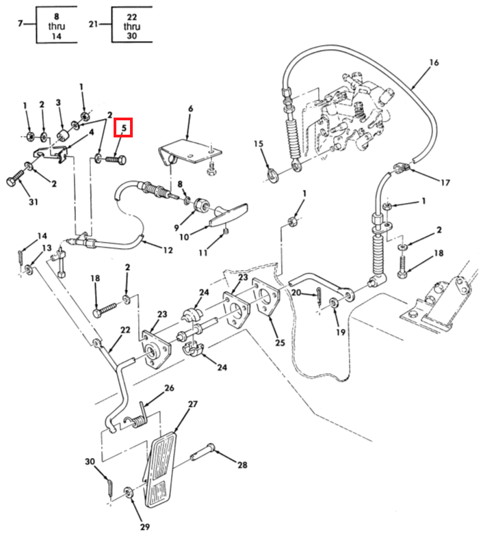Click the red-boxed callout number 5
125,128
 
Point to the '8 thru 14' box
56,25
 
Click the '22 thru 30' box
132,25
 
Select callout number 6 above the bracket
190,109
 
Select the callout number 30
90,461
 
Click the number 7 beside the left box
21,25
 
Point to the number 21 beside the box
94,25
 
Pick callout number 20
295,293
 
